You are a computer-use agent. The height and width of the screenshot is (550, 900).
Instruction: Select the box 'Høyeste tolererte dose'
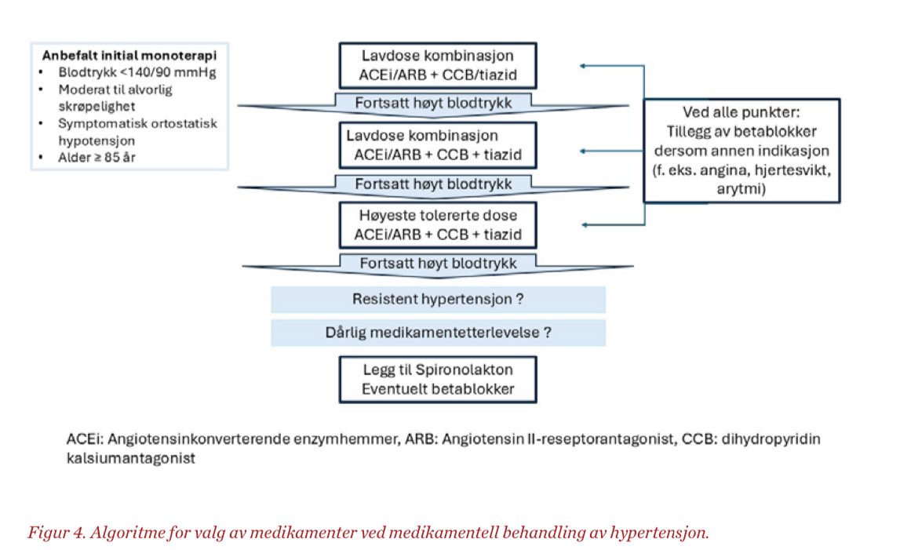click(438, 224)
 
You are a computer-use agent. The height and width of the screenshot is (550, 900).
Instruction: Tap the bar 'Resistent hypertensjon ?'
click(438, 299)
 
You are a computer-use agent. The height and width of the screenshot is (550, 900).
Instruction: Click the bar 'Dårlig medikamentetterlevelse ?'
click(438, 332)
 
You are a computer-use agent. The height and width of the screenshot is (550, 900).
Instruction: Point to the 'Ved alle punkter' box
click(741, 150)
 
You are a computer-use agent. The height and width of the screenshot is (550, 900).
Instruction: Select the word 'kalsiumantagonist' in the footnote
click(131, 459)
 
